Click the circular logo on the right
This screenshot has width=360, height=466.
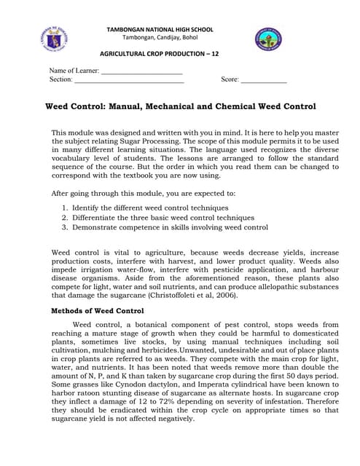point(268,39)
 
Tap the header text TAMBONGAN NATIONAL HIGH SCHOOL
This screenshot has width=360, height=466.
point(160,30)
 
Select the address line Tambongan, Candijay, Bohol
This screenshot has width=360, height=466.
point(160,38)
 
